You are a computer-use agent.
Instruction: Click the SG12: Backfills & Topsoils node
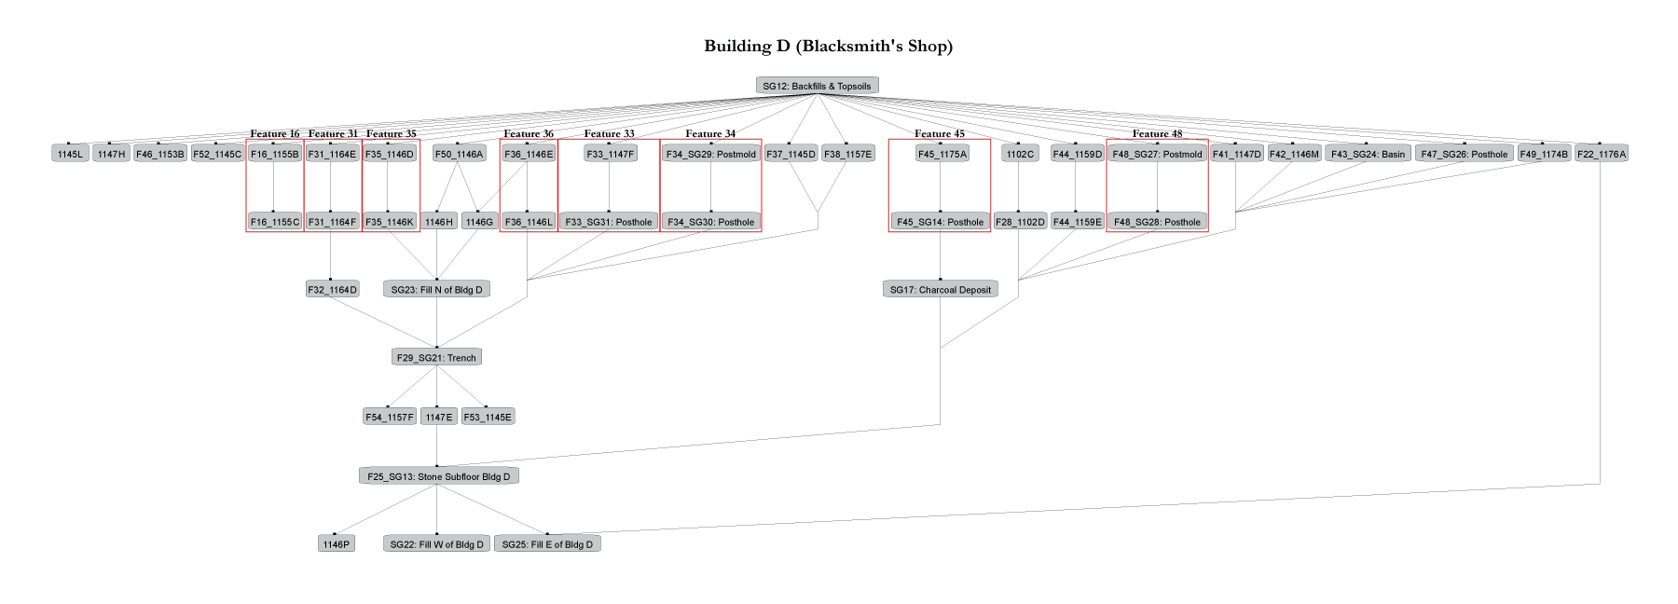(x=817, y=86)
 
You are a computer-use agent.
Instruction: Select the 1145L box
(x=70, y=154)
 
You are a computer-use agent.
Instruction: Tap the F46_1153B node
(x=159, y=154)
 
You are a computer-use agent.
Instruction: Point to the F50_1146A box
(x=459, y=154)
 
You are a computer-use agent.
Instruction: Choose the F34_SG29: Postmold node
(x=710, y=154)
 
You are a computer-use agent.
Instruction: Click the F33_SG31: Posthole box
(x=609, y=222)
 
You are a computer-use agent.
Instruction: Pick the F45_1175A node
(x=942, y=154)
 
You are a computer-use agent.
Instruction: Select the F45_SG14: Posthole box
(x=940, y=222)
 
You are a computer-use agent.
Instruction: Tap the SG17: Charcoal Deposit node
(x=940, y=290)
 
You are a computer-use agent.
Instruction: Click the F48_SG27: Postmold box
(x=1157, y=154)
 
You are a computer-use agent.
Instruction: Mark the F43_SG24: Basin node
(x=1368, y=154)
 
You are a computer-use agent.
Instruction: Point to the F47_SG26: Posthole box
(x=1464, y=154)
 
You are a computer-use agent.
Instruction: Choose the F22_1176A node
(x=1601, y=154)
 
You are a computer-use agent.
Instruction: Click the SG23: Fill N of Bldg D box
(x=436, y=290)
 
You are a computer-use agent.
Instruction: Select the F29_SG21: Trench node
(x=436, y=357)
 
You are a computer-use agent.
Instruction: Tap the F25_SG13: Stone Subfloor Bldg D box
(x=438, y=476)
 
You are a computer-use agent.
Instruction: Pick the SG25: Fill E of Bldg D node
(x=547, y=544)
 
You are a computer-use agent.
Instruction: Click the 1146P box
(x=336, y=544)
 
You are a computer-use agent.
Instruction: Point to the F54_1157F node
(x=389, y=417)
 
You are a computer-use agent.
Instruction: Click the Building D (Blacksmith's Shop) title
(x=828, y=46)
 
